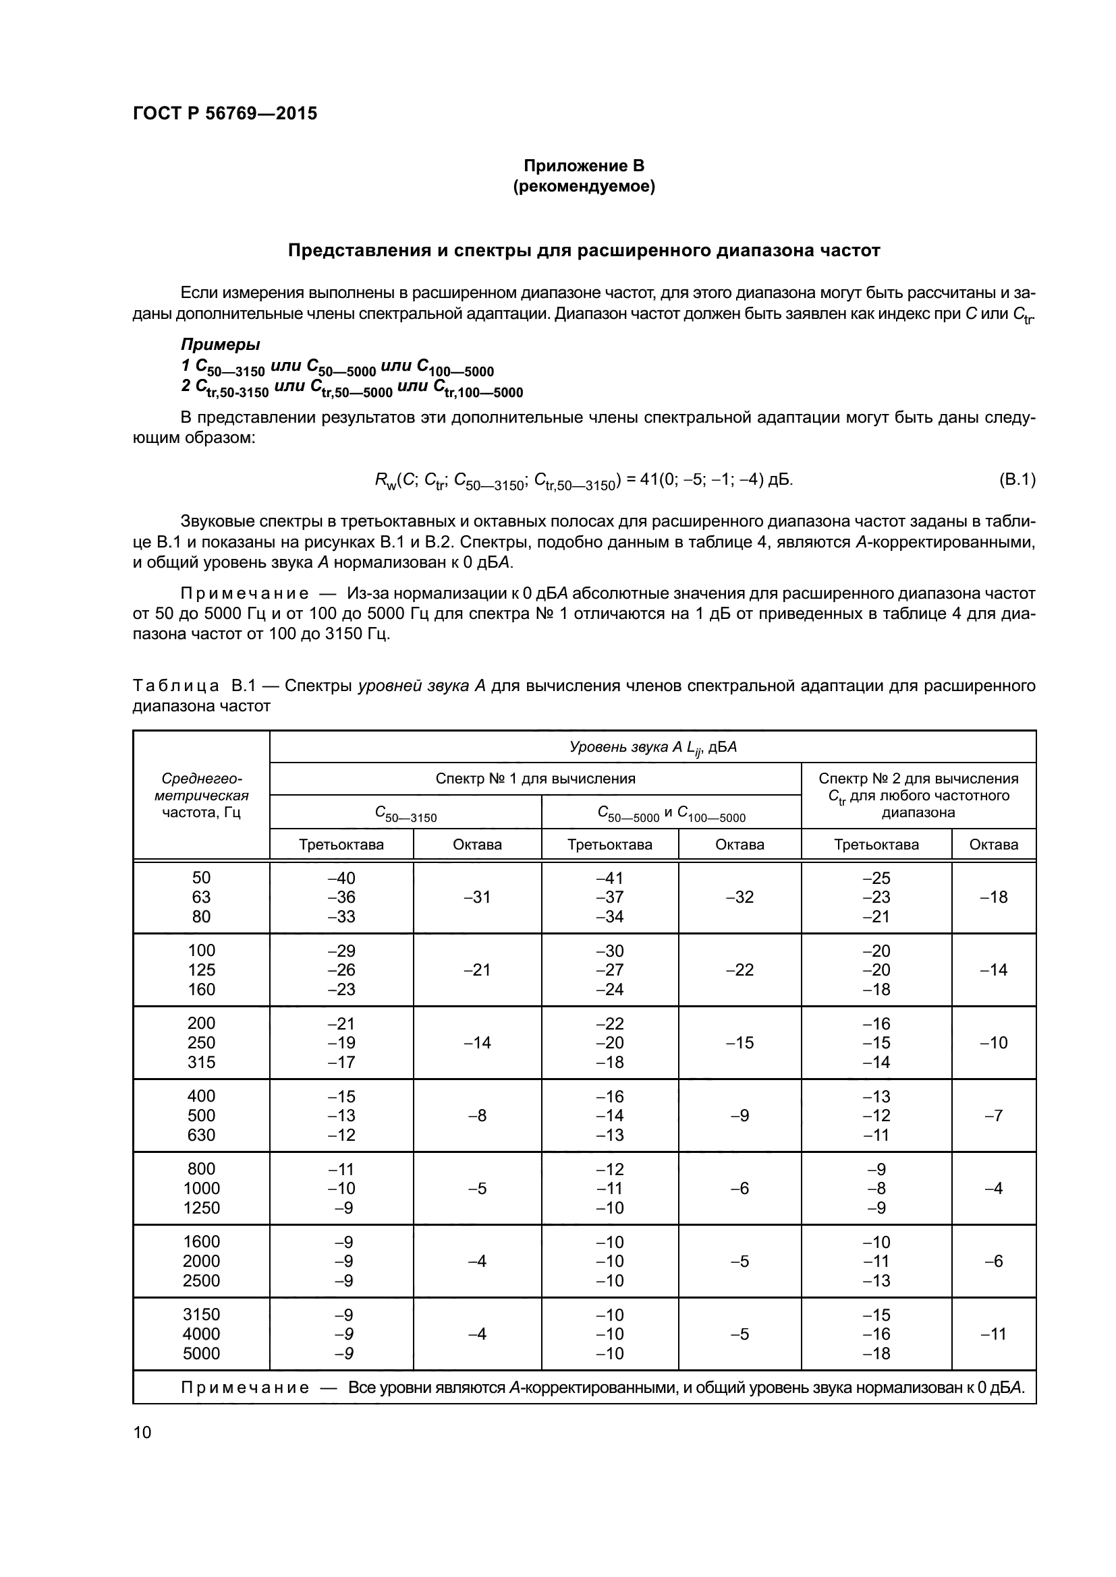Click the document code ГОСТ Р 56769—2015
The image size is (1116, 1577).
(x=225, y=114)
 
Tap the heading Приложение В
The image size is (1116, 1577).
(x=584, y=166)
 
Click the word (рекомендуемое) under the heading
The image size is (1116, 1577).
(x=584, y=186)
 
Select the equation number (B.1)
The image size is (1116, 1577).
(x=1016, y=479)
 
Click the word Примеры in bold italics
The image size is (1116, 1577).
(x=220, y=344)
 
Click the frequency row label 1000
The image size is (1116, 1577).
(x=200, y=1188)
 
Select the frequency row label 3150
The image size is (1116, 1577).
(x=200, y=1315)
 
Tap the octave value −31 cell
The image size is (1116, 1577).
(x=477, y=897)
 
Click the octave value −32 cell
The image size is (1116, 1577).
(x=740, y=897)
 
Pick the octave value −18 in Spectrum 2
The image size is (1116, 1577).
(x=993, y=897)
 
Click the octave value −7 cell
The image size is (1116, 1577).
(x=993, y=1115)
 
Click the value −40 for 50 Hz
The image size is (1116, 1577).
(x=341, y=878)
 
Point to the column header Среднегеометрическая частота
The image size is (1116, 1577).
(x=200, y=796)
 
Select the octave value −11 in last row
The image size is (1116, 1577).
(x=993, y=1334)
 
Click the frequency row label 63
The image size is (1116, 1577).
(x=200, y=897)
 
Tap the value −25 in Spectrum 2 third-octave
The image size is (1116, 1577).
(x=876, y=878)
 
